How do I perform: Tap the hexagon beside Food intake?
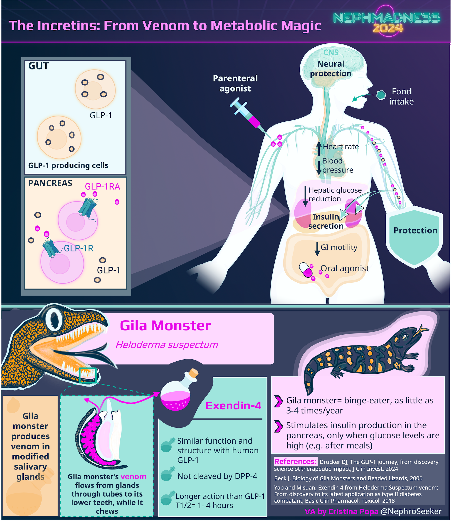click(x=380, y=95)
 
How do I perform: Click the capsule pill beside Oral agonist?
click(x=306, y=270)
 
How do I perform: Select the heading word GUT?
click(x=39, y=66)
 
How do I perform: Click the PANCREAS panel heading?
click(x=50, y=183)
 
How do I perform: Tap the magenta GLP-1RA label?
click(x=102, y=187)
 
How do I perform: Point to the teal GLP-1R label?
click(x=79, y=248)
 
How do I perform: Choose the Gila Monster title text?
click(x=165, y=326)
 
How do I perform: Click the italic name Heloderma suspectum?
click(x=167, y=345)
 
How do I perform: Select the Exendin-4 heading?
click(x=233, y=406)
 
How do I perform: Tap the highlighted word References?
click(x=295, y=462)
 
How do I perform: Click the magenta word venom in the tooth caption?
click(x=133, y=477)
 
